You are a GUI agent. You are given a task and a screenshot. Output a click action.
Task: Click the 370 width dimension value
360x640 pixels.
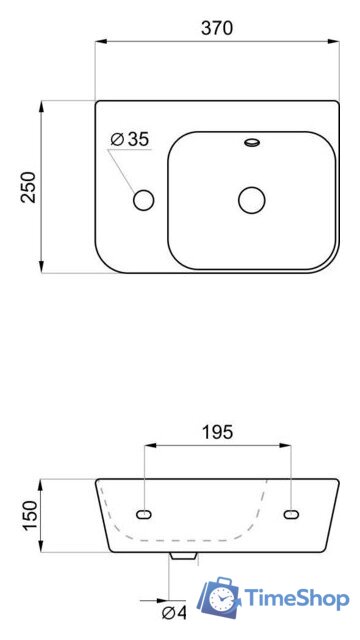(x=217, y=28)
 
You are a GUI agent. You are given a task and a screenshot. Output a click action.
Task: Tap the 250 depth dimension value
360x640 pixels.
(x=29, y=187)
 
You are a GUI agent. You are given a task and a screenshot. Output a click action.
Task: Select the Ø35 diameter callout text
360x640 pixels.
(x=130, y=140)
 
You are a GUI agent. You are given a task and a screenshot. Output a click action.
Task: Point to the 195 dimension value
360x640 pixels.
(x=218, y=432)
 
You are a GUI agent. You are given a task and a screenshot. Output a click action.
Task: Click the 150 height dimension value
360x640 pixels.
(x=30, y=516)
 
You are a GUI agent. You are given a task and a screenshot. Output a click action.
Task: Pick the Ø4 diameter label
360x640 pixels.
(x=174, y=612)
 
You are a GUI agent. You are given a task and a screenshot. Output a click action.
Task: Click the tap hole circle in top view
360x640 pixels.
(x=144, y=200)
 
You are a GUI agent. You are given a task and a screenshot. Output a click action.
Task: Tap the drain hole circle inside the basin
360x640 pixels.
(x=252, y=200)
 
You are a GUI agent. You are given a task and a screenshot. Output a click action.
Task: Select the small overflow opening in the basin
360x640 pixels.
(x=252, y=142)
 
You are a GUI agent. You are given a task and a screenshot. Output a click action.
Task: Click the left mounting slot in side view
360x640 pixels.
(x=144, y=515)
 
